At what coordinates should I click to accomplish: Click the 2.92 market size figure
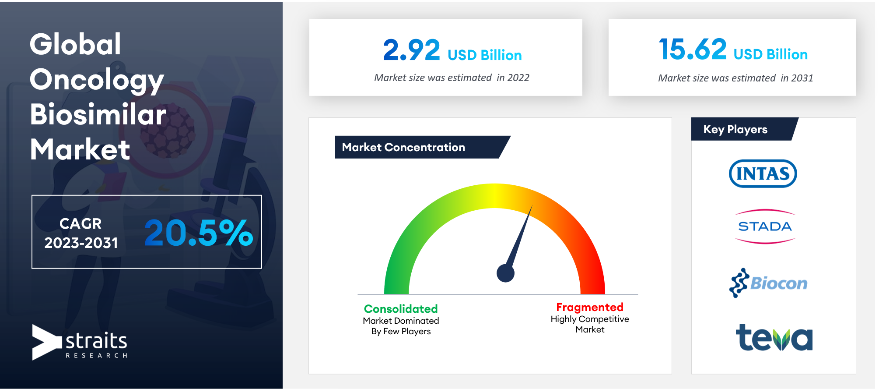(411, 50)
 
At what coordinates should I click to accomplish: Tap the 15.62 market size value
(693, 49)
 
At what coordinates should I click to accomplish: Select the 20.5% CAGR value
(199, 232)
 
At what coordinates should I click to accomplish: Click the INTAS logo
(763, 173)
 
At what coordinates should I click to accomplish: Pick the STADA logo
(765, 226)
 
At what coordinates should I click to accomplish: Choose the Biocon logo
(768, 283)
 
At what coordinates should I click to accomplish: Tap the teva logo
(774, 337)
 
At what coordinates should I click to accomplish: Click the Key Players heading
(735, 129)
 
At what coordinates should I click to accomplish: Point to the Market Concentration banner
(423, 147)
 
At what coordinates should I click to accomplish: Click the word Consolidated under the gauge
(401, 309)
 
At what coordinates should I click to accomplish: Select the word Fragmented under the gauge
(590, 307)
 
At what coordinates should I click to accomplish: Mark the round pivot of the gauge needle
(505, 273)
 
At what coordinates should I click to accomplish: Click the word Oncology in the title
(97, 81)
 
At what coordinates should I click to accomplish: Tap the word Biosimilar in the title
(98, 114)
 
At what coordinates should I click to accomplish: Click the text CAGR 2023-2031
(81, 233)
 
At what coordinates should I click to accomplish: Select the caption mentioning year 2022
(452, 78)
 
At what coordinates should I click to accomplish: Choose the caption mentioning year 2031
(735, 78)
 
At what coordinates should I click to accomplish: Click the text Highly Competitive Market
(590, 324)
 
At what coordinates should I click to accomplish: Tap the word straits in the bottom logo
(96, 340)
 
